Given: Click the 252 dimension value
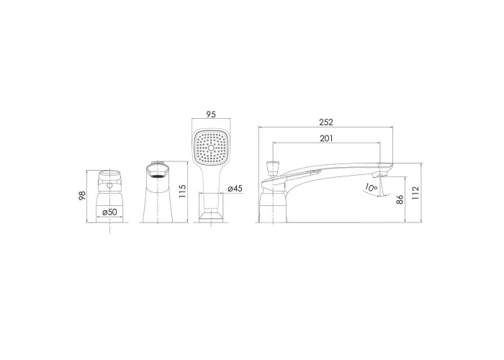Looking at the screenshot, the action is (x=326, y=122).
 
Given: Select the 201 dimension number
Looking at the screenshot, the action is (x=326, y=138).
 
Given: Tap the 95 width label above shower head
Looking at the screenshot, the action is (x=211, y=114).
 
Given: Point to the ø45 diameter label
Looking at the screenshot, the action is (x=235, y=189).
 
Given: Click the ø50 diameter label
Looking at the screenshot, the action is (x=109, y=212).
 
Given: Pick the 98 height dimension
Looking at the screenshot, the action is (x=83, y=196).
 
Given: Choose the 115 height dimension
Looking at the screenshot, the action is (x=182, y=192).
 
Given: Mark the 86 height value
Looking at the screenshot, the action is (x=400, y=199).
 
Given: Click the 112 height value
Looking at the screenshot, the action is (x=415, y=193).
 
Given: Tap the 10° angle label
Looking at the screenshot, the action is (x=371, y=187).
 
